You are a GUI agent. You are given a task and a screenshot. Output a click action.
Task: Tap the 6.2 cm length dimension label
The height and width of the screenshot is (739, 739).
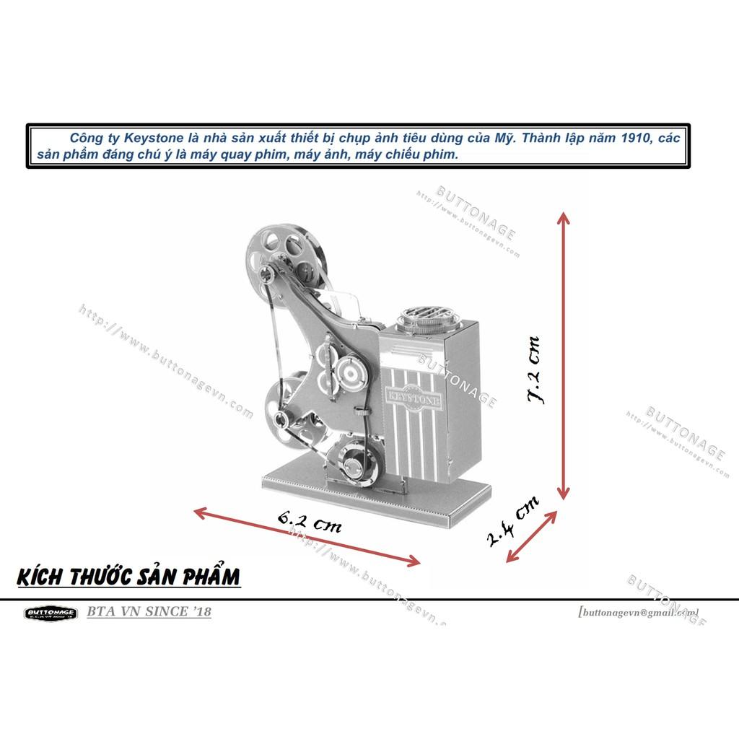point(309,521)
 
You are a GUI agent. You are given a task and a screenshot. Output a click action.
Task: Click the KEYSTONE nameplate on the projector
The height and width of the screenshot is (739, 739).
point(408,395)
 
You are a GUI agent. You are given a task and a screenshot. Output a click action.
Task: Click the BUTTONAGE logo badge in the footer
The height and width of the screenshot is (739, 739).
point(51,613)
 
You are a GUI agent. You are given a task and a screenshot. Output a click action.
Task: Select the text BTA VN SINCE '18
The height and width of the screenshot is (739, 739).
point(149,612)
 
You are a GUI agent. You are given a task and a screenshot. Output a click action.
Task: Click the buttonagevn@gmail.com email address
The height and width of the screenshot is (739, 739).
point(638,612)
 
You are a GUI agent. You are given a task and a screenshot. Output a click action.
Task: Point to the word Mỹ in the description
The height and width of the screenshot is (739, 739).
point(506,138)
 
